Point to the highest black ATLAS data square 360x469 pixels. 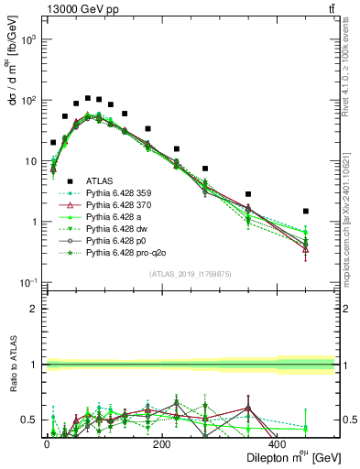click(88, 98)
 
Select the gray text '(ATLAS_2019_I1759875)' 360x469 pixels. click(190, 272)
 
